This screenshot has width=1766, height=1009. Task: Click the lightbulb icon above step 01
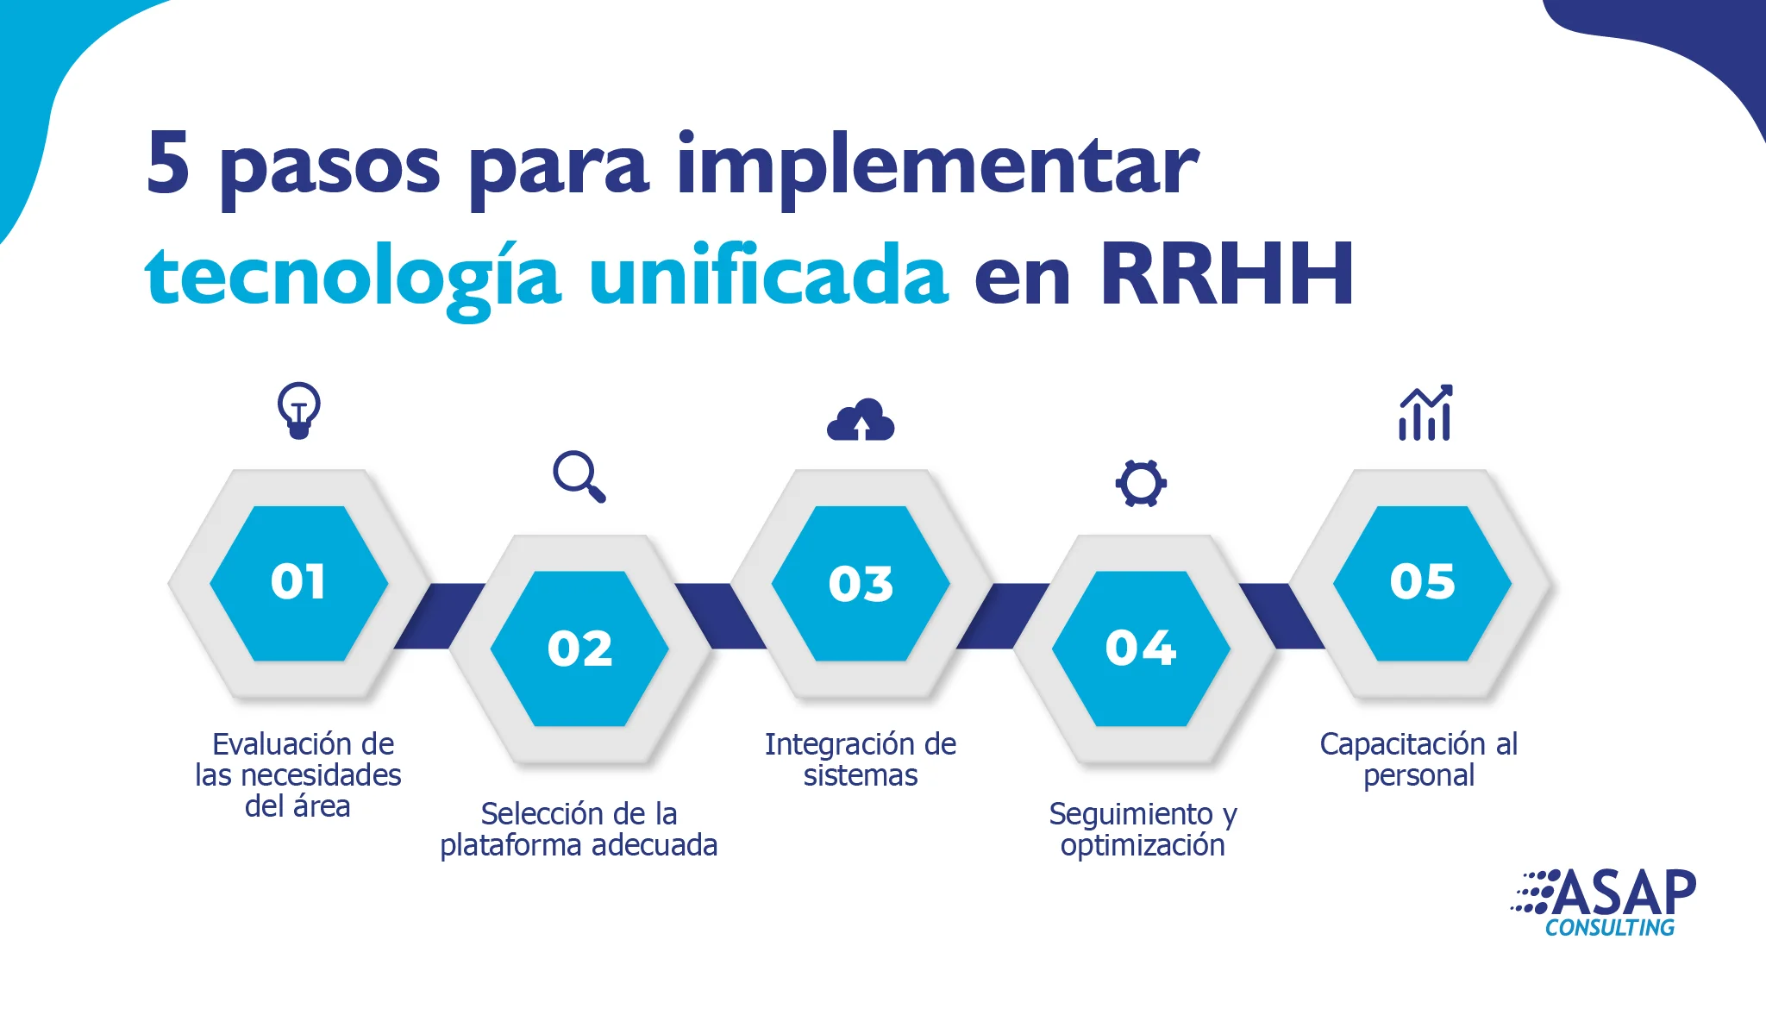299,410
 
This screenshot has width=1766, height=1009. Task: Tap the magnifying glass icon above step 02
579,476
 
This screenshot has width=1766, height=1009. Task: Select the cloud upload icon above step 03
861,420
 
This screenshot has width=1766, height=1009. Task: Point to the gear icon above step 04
1141,483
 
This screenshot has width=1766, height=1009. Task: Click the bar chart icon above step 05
1425,412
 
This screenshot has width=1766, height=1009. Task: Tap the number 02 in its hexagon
579,649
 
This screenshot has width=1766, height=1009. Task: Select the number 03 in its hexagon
861,584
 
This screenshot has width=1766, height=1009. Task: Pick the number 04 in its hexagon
1141,648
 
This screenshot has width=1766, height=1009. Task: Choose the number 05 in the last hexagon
1422,581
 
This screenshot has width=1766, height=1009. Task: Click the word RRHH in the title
1226,274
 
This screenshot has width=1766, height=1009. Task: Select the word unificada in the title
769,273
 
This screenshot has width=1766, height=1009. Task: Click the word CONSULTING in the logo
1610,928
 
